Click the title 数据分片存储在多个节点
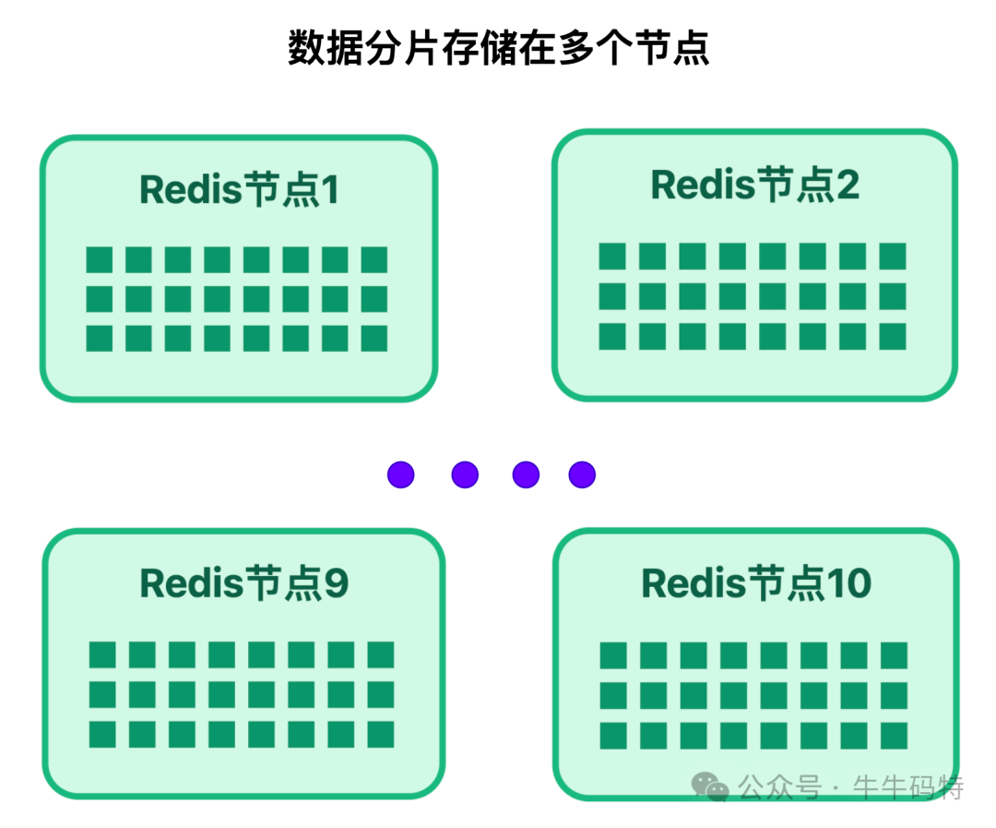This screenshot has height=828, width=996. [x=498, y=48]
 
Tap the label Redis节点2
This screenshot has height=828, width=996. [x=754, y=185]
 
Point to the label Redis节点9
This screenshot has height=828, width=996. [x=243, y=583]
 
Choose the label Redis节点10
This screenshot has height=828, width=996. [x=755, y=583]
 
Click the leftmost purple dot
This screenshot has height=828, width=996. [x=400, y=474]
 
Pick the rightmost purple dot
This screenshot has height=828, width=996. [x=582, y=474]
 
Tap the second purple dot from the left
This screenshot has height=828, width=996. [x=465, y=474]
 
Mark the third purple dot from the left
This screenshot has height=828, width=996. [x=525, y=474]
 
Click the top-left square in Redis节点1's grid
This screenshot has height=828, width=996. [x=100, y=259]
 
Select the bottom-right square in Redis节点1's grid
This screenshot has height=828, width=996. [x=373, y=339]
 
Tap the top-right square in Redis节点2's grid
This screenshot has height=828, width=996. [x=892, y=256]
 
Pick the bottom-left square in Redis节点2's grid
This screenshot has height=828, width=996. [x=612, y=336]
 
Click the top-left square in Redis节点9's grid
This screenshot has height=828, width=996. [x=102, y=654]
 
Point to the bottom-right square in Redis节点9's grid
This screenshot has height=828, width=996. [x=380, y=734]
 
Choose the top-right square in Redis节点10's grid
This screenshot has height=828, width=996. [x=894, y=655]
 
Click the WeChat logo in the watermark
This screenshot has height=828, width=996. [x=711, y=786]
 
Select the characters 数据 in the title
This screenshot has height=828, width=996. [x=309, y=48]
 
